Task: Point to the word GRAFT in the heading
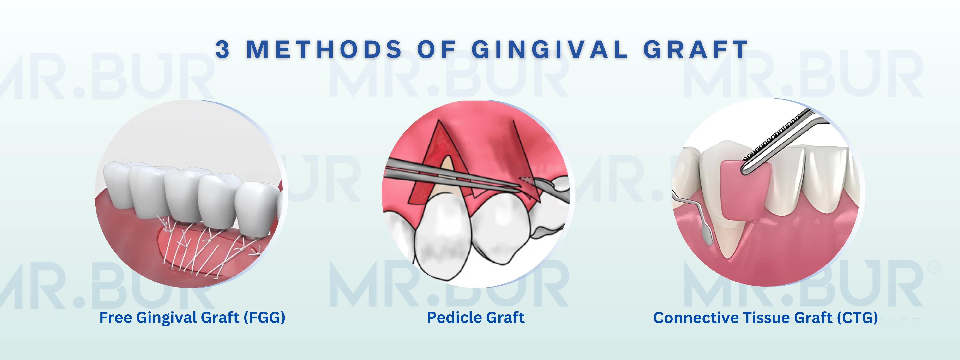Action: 696,49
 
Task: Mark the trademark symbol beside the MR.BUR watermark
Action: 934,268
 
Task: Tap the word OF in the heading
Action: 437,49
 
